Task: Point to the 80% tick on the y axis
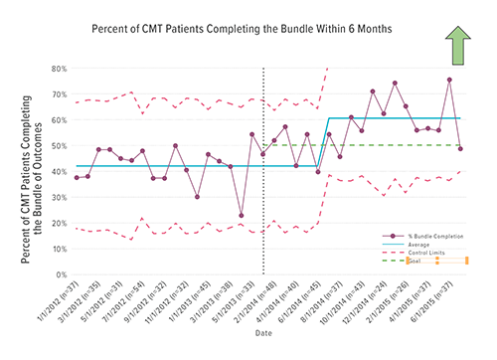tap(60, 69)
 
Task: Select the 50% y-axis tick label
tap(60, 145)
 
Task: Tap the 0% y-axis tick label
tap(62, 274)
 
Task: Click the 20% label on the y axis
tap(60, 223)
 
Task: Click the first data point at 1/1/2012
tap(77, 177)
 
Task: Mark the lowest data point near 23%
tap(242, 215)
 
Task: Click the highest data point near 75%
tap(449, 80)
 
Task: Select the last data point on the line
tap(460, 148)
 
